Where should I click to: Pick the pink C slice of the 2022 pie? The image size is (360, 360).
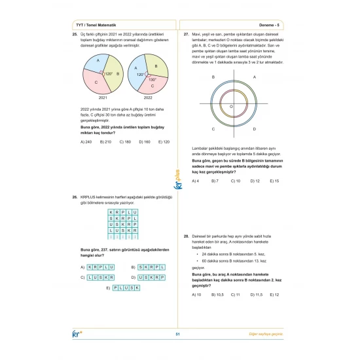point(152,84)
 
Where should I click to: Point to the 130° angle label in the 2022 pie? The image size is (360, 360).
point(152,79)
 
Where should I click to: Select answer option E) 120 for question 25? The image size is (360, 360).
point(164,141)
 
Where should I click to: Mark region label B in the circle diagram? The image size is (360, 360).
point(214,77)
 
